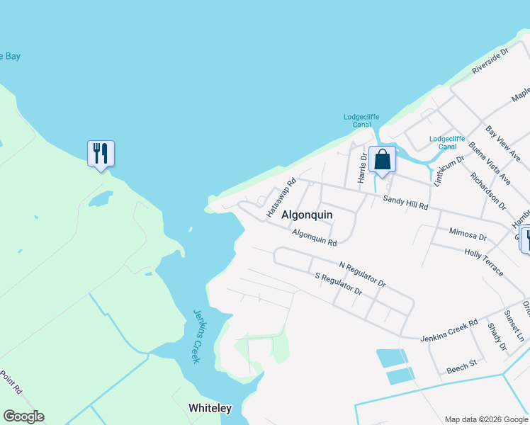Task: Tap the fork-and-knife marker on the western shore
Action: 101,153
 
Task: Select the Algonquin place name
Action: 307,214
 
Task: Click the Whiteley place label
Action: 210,408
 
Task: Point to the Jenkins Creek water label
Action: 196,336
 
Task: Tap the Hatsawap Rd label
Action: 281,198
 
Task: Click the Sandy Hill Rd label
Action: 405,203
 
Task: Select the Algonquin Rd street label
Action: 314,237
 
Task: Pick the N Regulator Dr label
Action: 362,275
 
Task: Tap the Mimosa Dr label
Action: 468,234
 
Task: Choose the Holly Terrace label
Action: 484,262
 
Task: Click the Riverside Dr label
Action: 490,61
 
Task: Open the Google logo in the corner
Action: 23,416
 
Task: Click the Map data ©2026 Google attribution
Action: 486,419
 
